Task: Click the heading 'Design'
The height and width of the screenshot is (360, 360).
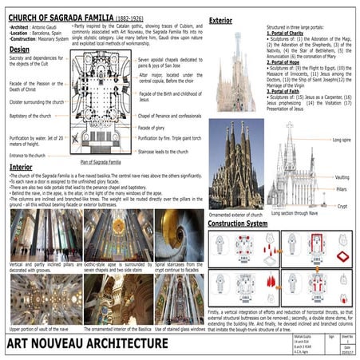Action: coord(20,49)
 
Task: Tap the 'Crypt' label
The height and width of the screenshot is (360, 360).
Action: coord(341,205)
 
